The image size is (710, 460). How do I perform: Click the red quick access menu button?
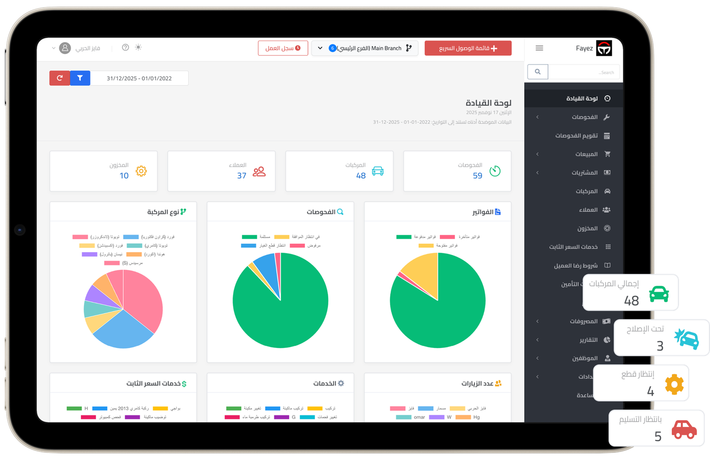tap(468, 48)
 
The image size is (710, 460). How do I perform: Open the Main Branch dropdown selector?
tap(365, 48)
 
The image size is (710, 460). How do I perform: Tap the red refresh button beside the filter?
tap(59, 78)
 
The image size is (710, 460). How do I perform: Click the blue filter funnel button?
tap(80, 78)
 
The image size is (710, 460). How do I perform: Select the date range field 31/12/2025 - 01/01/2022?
tap(139, 78)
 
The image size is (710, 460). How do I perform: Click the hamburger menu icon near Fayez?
tap(539, 48)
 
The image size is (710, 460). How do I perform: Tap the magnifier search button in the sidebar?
tap(538, 72)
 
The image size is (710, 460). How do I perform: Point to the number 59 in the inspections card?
tap(477, 175)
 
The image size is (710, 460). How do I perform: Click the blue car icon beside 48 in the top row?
tap(378, 171)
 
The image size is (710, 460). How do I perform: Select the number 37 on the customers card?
tap(241, 175)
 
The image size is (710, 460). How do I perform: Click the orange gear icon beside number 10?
tap(141, 171)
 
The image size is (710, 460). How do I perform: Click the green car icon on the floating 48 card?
tap(659, 294)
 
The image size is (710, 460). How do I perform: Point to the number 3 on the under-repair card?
tap(660, 346)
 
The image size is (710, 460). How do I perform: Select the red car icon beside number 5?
tap(684, 429)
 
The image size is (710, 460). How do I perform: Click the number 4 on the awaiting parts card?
tap(651, 391)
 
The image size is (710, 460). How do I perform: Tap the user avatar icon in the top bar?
tap(65, 48)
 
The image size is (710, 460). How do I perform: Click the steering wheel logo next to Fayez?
tap(604, 48)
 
